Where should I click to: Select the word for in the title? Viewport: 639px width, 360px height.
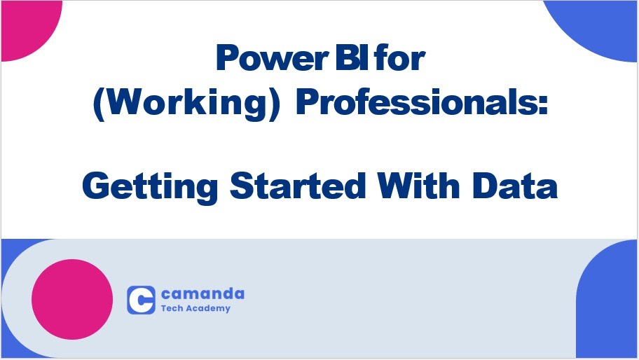[400, 60]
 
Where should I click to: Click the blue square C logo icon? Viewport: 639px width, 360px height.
[141, 299]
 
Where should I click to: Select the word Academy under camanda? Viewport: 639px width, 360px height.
[207, 308]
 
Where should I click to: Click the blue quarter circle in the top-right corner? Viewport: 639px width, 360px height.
[603, 25]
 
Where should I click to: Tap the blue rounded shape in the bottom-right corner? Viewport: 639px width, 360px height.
[610, 308]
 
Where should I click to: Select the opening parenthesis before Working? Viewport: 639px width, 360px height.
[97, 104]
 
